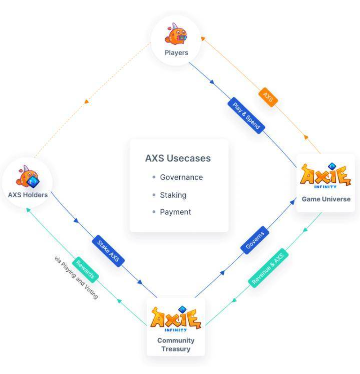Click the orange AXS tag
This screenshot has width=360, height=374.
tap(268, 97)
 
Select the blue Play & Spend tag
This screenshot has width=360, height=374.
tap(246, 116)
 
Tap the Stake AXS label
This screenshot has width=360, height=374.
tap(108, 251)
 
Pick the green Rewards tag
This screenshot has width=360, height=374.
tap(85, 270)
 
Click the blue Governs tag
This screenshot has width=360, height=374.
tap(255, 240)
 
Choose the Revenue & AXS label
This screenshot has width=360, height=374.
tap(268, 268)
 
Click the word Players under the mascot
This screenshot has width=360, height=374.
tap(177, 53)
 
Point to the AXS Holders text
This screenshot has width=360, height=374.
tap(28, 195)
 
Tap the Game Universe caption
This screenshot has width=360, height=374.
tap(326, 199)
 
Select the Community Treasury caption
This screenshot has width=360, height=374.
tap(176, 344)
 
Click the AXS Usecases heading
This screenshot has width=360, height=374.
tap(178, 158)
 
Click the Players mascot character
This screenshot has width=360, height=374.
tap(176, 34)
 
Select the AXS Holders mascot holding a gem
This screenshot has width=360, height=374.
tap(28, 176)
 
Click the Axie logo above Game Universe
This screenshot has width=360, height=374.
tap(326, 175)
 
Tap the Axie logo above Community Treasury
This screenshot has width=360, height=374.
tap(176, 319)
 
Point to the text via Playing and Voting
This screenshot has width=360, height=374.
tap(76, 277)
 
